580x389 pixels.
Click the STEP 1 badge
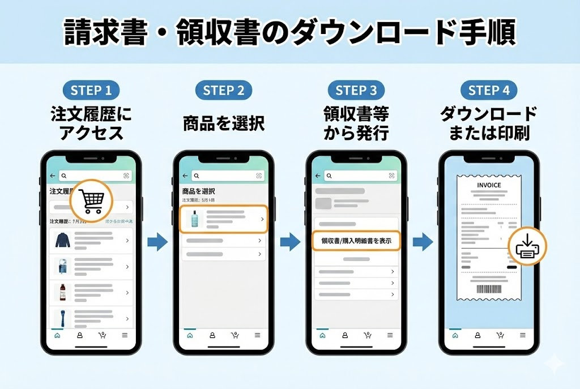[x=91, y=90]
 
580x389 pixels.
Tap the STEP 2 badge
[x=224, y=90]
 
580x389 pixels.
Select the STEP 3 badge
[x=356, y=90]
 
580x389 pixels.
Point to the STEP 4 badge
[x=489, y=90]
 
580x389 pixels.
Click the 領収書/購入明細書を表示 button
[x=356, y=241]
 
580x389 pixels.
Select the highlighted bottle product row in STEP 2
[x=224, y=219]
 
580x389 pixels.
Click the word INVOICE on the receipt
[x=489, y=185]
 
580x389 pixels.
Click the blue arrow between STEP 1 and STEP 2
[x=157, y=242]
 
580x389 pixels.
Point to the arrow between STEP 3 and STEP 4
[x=423, y=242]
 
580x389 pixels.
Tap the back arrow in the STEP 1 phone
[x=53, y=176]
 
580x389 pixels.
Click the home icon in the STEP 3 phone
[x=322, y=335]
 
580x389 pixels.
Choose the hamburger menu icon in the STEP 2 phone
[x=257, y=335]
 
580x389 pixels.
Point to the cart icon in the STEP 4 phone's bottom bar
[x=500, y=335]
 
